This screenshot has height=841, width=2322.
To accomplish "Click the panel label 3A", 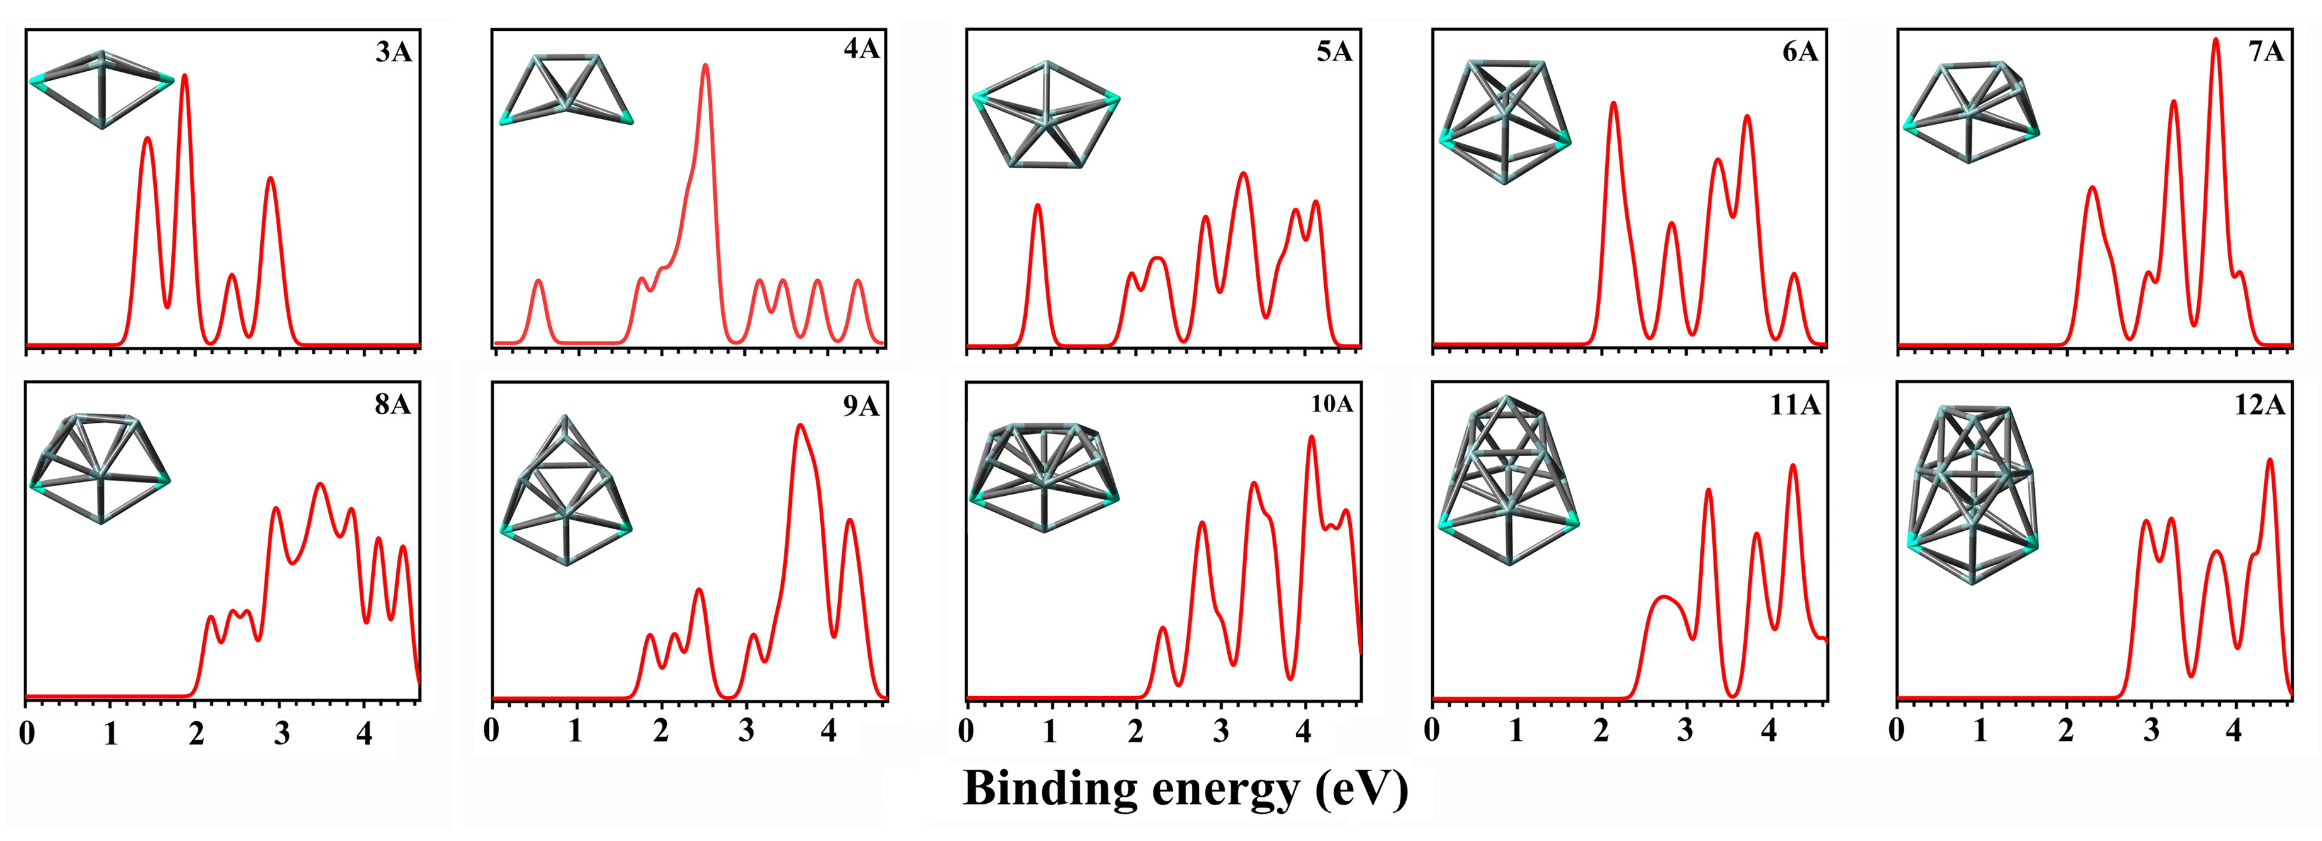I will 394,52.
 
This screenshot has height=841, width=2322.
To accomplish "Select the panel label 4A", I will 861,48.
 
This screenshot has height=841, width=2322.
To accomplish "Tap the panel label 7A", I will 2265,52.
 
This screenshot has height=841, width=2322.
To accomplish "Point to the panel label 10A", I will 1331,404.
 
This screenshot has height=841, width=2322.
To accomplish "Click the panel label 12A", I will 2259,406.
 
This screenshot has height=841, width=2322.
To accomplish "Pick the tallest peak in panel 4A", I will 705,66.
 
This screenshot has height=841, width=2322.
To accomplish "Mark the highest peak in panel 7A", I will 2215,40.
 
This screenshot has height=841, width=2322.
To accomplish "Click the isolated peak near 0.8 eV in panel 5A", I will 1038,205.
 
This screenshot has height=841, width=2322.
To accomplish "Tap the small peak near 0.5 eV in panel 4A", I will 539,281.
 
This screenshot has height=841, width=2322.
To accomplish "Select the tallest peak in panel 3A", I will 185,76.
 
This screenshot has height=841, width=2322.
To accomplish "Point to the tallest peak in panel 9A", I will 799,425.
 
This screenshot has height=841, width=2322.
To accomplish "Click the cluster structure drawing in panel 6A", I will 1504,122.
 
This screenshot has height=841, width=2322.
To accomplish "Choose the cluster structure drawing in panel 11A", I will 1508,479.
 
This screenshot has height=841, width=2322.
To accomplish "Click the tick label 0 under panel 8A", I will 27,733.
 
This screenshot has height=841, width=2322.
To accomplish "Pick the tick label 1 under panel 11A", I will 1516,730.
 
